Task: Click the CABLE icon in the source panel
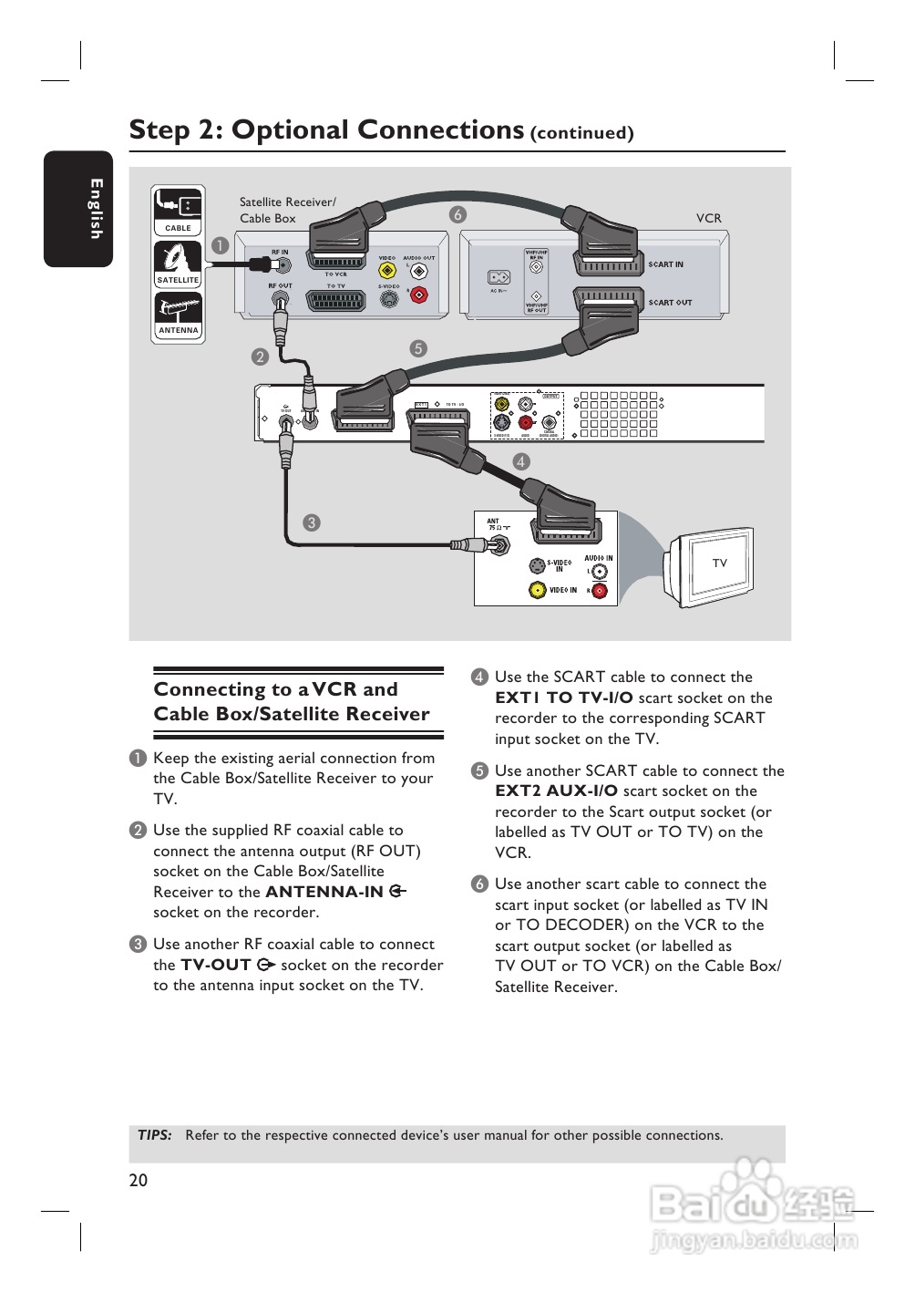coord(178,210)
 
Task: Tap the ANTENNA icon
coord(178,313)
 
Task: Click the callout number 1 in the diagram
coord(220,245)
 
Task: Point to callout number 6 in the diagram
coord(457,214)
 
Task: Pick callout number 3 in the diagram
coord(312,522)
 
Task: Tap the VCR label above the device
coord(708,219)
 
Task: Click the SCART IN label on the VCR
coord(665,264)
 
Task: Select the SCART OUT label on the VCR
coord(670,303)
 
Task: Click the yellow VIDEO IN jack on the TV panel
coord(538,590)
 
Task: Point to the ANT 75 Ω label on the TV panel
coord(499,524)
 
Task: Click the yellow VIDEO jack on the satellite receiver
coord(387,271)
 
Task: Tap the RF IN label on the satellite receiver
coord(280,253)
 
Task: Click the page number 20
coord(139,1180)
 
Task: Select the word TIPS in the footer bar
coord(155,1135)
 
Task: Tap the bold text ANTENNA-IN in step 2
coord(324,892)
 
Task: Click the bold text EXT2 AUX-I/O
coord(556,791)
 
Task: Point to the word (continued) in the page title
coord(581,133)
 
